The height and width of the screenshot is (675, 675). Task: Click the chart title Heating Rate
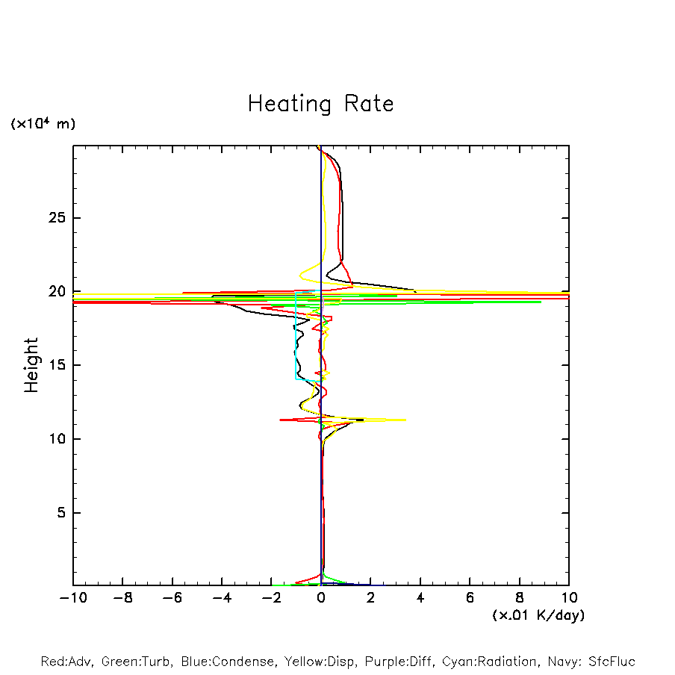pyautogui.click(x=320, y=104)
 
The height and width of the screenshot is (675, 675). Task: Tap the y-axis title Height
pyautogui.click(x=31, y=365)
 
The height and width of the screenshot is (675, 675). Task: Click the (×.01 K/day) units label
pyautogui.click(x=538, y=615)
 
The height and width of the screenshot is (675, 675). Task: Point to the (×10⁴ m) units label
pyautogui.click(x=43, y=124)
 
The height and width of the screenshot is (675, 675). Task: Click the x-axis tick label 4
pyautogui.click(x=420, y=598)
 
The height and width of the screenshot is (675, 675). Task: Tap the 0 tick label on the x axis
pyautogui.click(x=321, y=598)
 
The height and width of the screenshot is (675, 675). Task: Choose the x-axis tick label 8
pyautogui.click(x=520, y=598)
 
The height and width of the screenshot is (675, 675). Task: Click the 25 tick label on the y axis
pyautogui.click(x=58, y=218)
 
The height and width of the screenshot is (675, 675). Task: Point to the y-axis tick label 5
pyautogui.click(x=63, y=513)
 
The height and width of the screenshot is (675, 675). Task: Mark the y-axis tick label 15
pyautogui.click(x=58, y=365)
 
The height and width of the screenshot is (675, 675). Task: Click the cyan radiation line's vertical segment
pyautogui.click(x=296, y=336)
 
